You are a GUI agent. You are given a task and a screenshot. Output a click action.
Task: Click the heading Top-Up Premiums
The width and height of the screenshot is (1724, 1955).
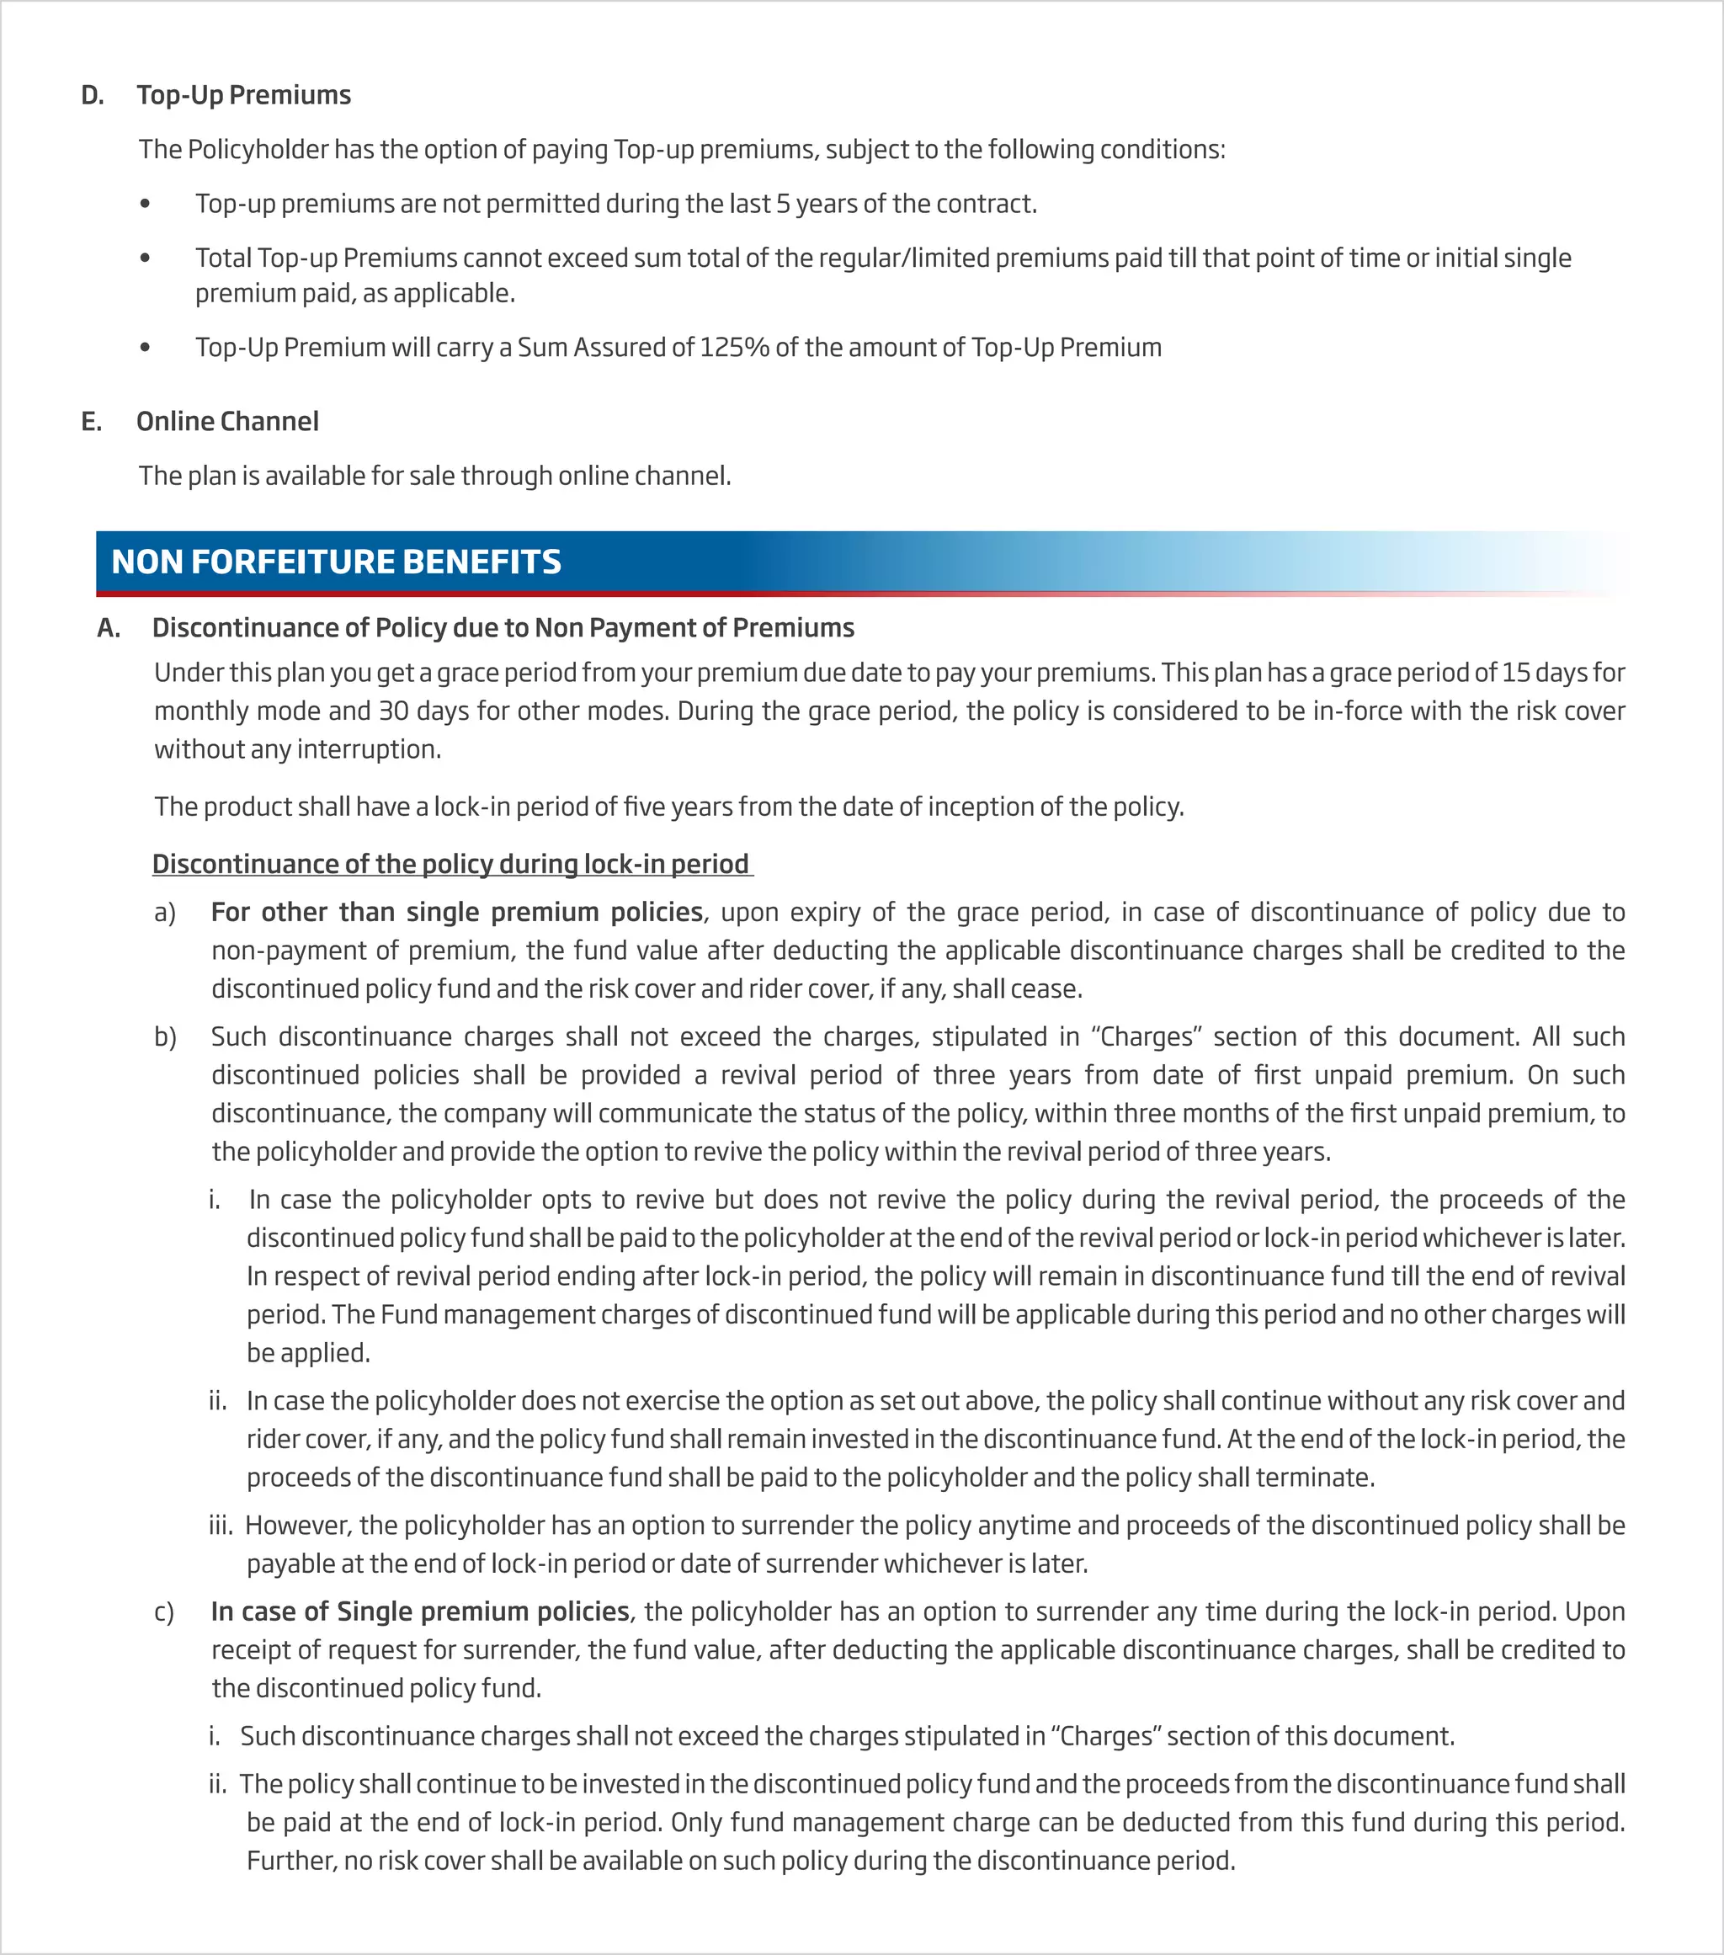(244, 94)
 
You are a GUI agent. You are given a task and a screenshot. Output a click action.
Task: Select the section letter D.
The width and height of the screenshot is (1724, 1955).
(92, 94)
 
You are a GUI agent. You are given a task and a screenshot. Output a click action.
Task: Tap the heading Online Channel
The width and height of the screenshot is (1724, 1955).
(227, 421)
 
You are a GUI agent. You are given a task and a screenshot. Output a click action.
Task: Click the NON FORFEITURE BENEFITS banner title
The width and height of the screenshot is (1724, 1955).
(336, 562)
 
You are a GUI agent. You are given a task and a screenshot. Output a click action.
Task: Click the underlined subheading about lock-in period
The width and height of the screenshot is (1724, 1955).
(450, 864)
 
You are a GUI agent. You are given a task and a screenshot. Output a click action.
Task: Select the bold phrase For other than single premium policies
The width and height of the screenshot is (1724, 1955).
(457, 912)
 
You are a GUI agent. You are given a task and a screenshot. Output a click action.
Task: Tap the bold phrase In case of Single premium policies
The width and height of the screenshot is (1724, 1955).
(420, 1611)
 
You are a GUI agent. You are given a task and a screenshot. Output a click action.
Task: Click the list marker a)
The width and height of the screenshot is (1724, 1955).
(164, 913)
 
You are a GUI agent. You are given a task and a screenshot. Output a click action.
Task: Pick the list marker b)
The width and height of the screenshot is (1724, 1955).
(164, 1036)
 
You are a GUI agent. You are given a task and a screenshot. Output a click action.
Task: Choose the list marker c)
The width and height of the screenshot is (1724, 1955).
(163, 1612)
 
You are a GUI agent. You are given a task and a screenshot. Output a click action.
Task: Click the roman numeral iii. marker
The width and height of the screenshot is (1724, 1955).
(220, 1526)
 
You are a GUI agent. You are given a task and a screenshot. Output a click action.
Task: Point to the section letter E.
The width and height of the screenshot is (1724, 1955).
(91, 421)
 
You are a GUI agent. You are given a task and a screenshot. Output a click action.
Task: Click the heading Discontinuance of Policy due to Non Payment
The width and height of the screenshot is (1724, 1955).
(503, 627)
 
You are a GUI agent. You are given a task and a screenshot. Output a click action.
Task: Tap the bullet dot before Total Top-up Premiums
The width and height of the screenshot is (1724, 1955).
(145, 258)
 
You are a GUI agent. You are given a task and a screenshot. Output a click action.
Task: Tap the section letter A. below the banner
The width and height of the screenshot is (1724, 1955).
(108, 627)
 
